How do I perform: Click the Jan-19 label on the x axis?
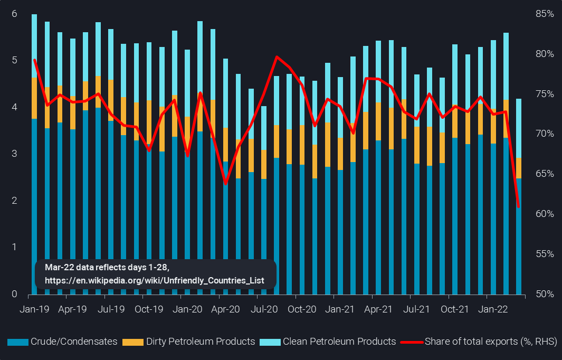click(34, 309)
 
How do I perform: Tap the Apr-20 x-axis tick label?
click(225, 309)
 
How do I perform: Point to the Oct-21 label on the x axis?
click(454, 309)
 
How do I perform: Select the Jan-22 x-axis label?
click(492, 309)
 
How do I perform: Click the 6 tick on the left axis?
click(14, 14)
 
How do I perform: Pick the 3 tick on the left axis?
click(14, 154)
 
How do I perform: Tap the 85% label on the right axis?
click(543, 14)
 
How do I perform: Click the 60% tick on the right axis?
click(543, 214)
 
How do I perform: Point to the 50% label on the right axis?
click(543, 294)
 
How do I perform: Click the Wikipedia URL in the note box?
click(154, 280)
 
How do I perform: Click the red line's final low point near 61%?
click(519, 206)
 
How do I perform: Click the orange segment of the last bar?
click(519, 168)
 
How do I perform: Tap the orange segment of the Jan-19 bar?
click(34, 98)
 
